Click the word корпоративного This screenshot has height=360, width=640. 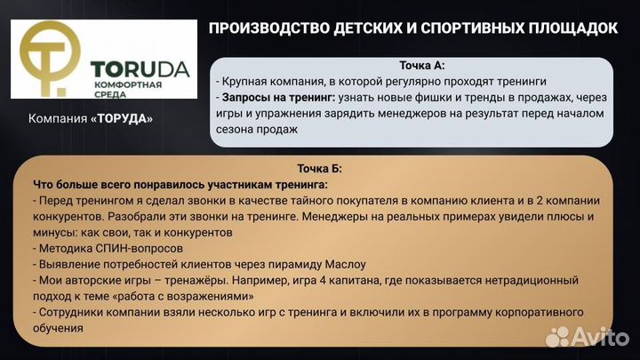click(536, 312)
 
